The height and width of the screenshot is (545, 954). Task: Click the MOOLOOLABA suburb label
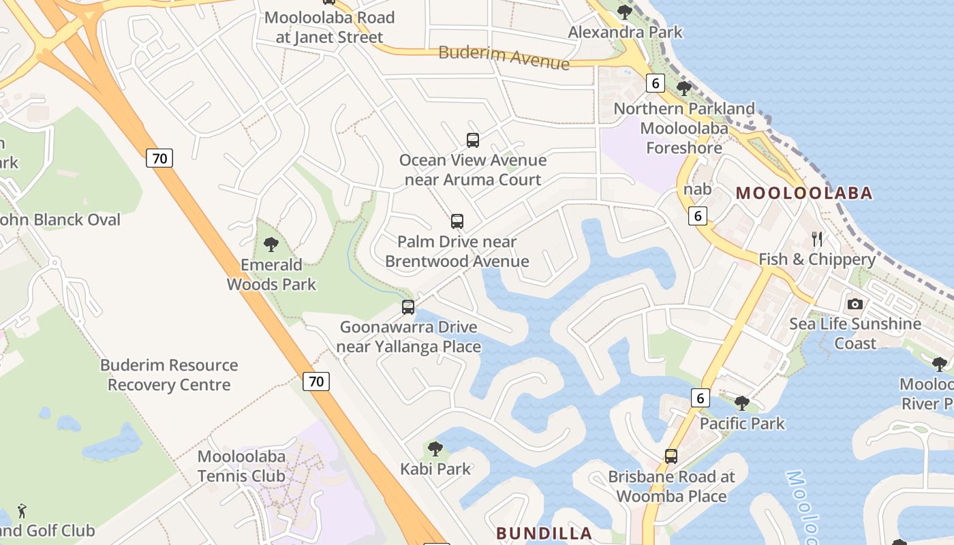pos(804,193)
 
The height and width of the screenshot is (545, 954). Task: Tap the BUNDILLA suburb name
pos(544,533)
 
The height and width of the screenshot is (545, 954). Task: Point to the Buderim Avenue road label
pos(504,57)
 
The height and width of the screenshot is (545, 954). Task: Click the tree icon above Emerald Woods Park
pos(271,244)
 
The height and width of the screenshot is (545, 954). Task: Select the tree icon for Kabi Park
pos(435,449)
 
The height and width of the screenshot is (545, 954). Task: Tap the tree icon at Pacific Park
pos(742,403)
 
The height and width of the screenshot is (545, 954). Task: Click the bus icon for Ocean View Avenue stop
pos(473,140)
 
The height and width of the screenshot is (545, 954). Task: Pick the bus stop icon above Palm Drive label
pos(457,221)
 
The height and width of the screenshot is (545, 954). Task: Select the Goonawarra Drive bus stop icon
pos(408,307)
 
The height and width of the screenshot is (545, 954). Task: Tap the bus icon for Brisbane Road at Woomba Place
pos(671,456)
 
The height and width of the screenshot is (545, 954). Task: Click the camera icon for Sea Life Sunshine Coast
pos(855,304)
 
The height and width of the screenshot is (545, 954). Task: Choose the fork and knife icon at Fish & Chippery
pos(817,239)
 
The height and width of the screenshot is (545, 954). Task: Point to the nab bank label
pos(697,189)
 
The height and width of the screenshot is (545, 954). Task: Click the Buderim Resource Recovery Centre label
pos(169,375)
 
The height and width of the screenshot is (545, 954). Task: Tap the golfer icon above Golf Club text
pos(22,510)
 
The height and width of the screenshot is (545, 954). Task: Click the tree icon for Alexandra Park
pos(625,12)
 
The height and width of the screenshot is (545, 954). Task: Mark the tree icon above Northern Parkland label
pos(684,89)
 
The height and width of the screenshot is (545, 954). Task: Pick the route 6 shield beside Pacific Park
pos(700,398)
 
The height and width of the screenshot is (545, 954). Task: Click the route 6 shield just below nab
pos(697,216)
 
